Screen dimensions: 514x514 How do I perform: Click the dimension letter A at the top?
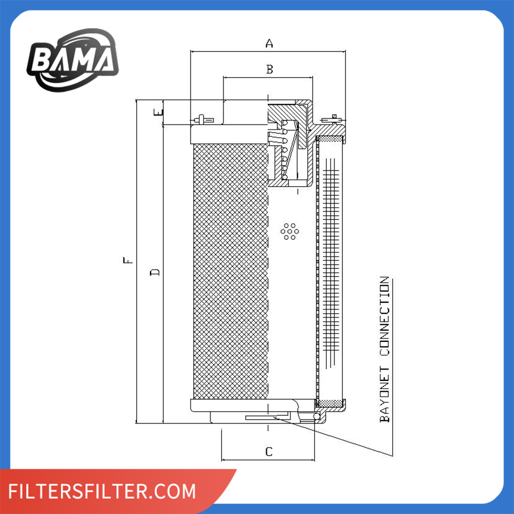click(x=268, y=44)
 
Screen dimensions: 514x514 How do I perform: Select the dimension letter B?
click(x=269, y=69)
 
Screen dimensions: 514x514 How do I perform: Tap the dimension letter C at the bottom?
click(x=268, y=452)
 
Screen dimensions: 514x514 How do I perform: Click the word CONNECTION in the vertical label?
click(x=384, y=317)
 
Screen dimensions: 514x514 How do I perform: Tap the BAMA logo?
click(x=72, y=59)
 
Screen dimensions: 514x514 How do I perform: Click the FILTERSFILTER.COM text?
click(x=103, y=491)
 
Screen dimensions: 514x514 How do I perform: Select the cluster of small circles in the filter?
click(x=289, y=231)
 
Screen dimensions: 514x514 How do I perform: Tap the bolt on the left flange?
click(x=201, y=120)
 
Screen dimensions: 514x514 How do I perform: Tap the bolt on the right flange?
click(x=334, y=120)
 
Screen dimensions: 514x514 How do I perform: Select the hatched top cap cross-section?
click(x=290, y=111)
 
